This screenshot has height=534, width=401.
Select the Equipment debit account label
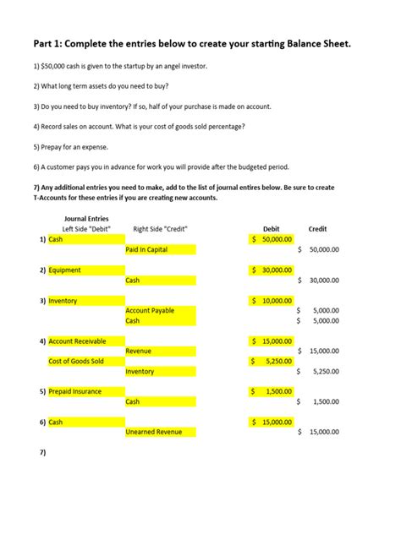(65, 270)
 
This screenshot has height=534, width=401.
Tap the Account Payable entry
(150, 311)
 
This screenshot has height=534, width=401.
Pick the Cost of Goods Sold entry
(76, 361)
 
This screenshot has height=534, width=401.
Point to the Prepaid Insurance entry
(75, 391)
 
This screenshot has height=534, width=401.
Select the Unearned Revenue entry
(153, 432)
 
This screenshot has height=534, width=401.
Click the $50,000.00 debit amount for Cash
(272, 239)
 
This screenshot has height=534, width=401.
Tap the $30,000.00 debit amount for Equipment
(272, 270)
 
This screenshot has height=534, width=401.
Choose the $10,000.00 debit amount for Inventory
(272, 301)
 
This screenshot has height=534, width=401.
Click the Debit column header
(272, 229)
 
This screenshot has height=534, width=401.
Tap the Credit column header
(317, 229)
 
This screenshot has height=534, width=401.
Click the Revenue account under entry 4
(139, 351)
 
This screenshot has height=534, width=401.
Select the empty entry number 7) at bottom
(42, 452)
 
